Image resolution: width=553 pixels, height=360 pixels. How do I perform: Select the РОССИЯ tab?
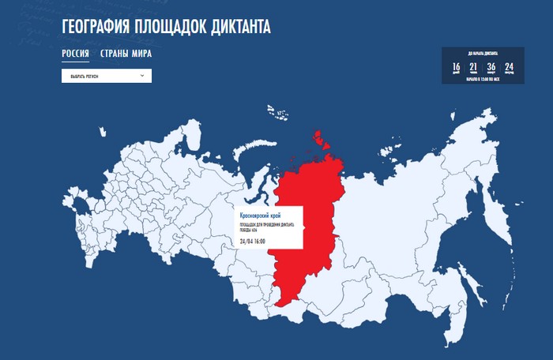coord(75,54)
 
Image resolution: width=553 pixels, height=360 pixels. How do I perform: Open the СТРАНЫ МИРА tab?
coord(126,54)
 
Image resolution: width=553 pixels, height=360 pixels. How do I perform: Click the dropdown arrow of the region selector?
coord(141,76)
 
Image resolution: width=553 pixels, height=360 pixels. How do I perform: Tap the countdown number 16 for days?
coord(457,67)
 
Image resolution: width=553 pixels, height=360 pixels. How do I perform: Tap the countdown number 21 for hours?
coord(474,67)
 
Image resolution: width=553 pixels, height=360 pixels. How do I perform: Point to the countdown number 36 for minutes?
coord(491,67)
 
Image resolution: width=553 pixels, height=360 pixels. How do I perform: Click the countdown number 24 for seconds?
coord(509,67)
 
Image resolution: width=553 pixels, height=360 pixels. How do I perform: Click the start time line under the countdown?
coord(483,80)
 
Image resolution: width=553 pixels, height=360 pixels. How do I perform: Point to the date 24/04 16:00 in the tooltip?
coord(253,241)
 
